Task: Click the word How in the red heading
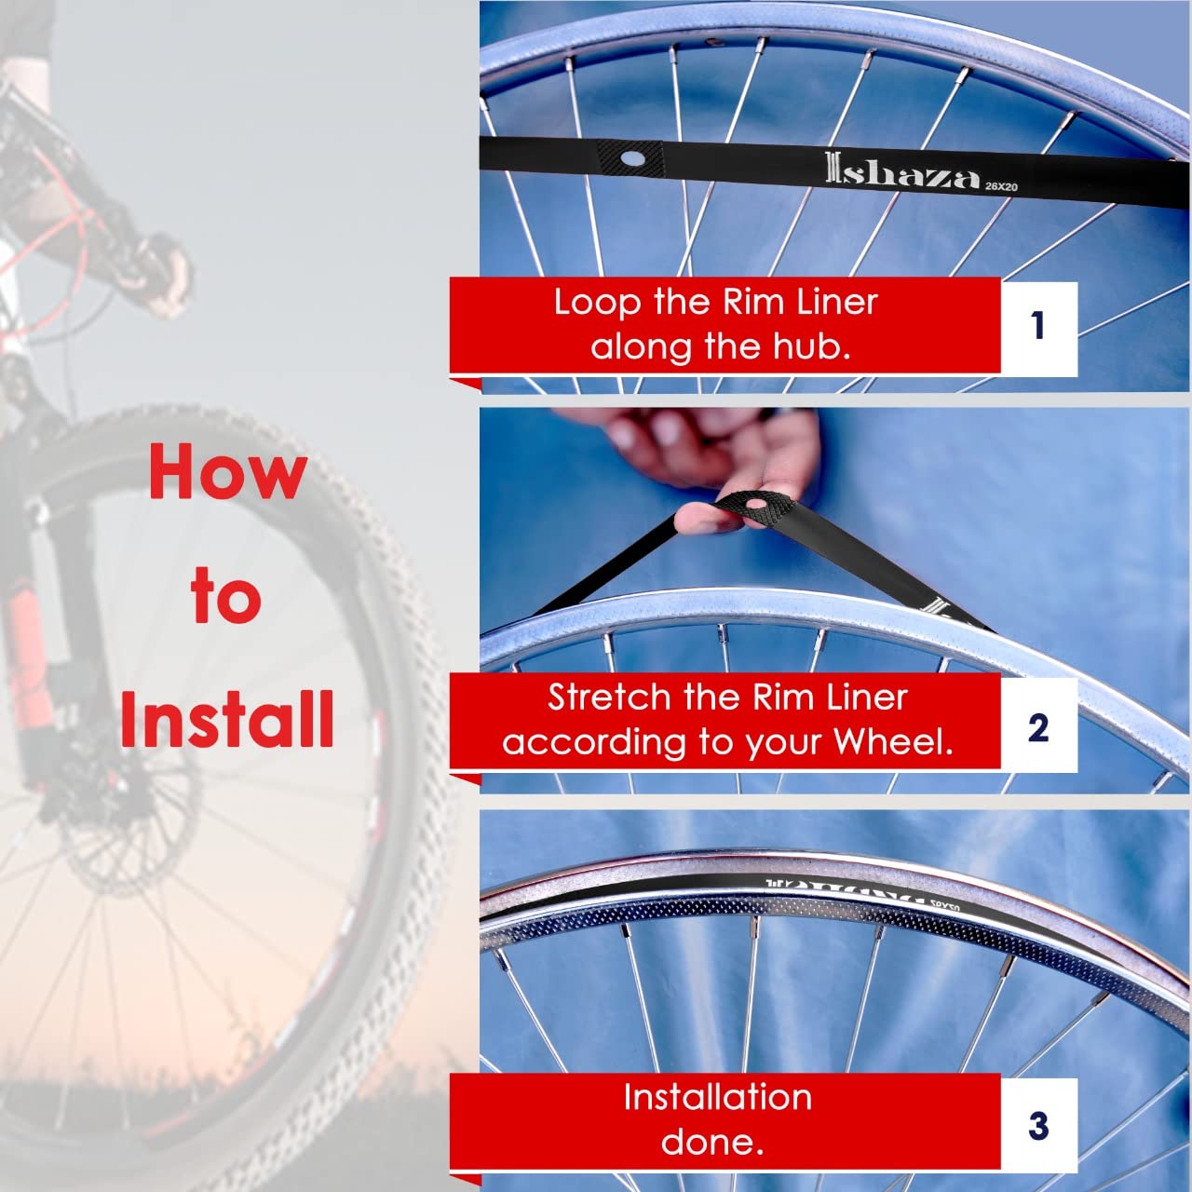(227, 472)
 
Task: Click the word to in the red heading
(225, 597)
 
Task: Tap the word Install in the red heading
(227, 719)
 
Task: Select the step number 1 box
(1038, 327)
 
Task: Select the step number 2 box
(1038, 726)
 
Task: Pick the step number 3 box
(1038, 1125)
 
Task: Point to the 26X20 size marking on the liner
(1002, 186)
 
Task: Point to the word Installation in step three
(717, 1097)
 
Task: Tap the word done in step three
(712, 1142)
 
